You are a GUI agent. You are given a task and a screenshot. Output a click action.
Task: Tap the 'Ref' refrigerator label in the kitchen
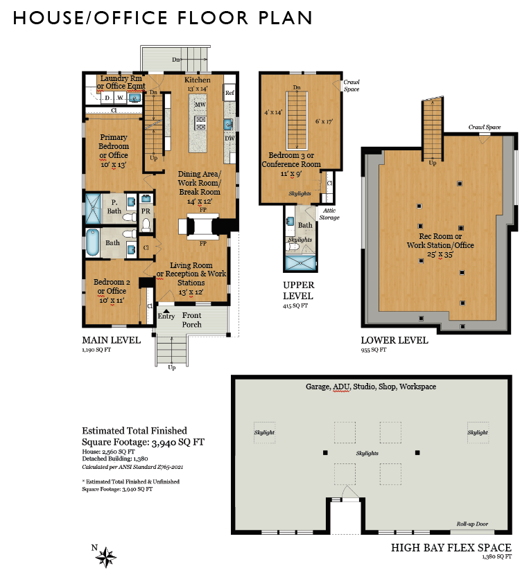coord(229,92)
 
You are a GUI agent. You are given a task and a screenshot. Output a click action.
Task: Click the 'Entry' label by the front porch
coord(166,317)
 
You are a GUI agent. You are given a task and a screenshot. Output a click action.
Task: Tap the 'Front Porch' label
coord(191,320)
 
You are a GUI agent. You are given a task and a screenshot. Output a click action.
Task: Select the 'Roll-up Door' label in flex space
coord(473,524)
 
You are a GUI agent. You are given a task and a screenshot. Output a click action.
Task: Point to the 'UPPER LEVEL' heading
coord(299,290)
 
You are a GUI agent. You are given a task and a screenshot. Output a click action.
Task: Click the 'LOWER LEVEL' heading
coord(394,340)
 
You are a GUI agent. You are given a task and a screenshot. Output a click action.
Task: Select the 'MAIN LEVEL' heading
coord(111,340)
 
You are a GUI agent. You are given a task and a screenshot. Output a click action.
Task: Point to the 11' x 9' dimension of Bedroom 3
coord(290,174)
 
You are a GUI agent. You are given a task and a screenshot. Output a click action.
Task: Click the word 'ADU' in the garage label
coord(341,387)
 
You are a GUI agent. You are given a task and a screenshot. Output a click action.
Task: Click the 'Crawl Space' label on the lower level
coord(484,127)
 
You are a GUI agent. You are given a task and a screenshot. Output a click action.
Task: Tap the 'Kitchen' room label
coord(197,80)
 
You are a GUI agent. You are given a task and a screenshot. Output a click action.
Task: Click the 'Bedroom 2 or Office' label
coord(112,287)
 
